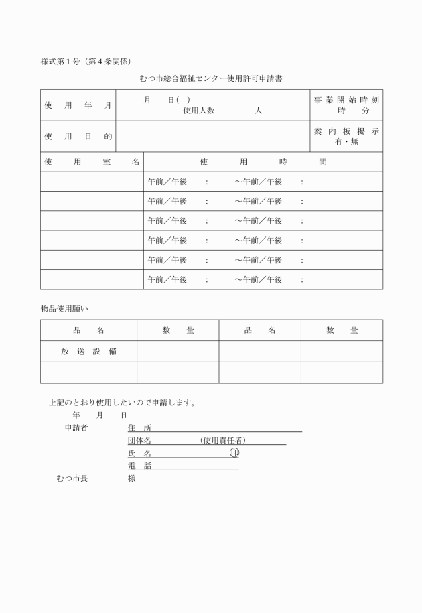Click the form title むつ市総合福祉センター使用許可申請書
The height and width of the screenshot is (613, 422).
pyautogui.click(x=211, y=79)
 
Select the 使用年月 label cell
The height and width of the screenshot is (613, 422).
pyautogui.click(x=78, y=106)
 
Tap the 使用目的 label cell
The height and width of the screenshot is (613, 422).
pyautogui.click(x=78, y=137)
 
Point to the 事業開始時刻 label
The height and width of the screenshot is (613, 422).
pyautogui.click(x=346, y=100)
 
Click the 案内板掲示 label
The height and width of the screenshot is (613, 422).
pyautogui.click(x=346, y=131)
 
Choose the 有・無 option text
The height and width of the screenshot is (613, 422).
pyautogui.click(x=346, y=142)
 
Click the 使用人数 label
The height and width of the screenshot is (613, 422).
pyautogui.click(x=199, y=111)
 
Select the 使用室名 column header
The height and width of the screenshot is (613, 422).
pyautogui.click(x=92, y=162)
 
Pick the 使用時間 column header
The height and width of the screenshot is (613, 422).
pyautogui.click(x=263, y=162)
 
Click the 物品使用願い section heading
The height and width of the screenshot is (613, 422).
pyautogui.click(x=64, y=309)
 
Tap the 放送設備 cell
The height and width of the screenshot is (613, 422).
pyautogui.click(x=88, y=351)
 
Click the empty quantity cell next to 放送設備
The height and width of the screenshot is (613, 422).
pyautogui.click(x=178, y=351)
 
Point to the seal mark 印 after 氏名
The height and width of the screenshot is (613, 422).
pyautogui.click(x=234, y=453)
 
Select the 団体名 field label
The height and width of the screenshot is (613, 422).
pyautogui.click(x=139, y=440)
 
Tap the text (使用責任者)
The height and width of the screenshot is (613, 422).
pyautogui.click(x=224, y=440)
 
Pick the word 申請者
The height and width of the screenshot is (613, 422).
pyautogui.click(x=76, y=427)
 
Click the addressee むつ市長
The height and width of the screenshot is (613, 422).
pyautogui.click(x=72, y=478)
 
